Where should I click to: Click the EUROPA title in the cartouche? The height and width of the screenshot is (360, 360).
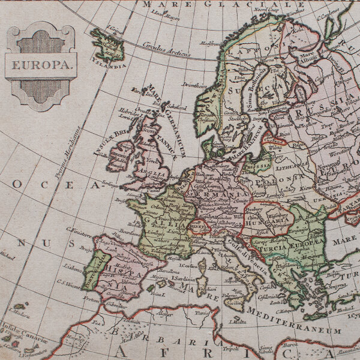tap(41, 65)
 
